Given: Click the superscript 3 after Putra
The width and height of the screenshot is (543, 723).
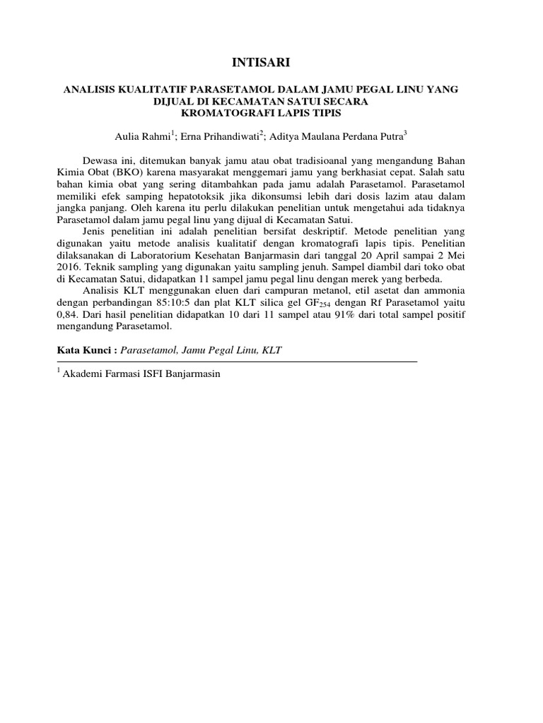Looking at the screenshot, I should tap(406, 133).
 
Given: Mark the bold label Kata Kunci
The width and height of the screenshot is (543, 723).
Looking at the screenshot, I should tap(84, 349).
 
